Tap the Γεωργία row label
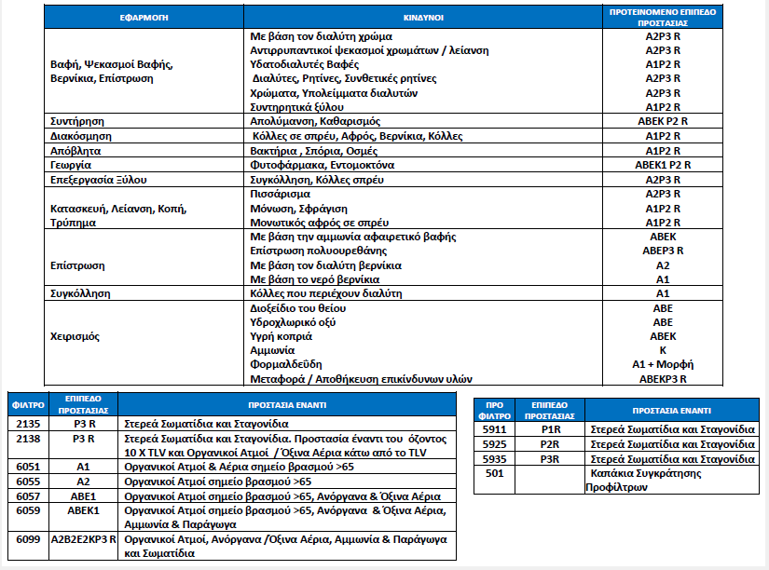click(70, 164)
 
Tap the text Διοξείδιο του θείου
click(298, 307)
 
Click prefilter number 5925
click(497, 444)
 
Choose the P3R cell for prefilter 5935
click(551, 459)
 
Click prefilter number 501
click(497, 474)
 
